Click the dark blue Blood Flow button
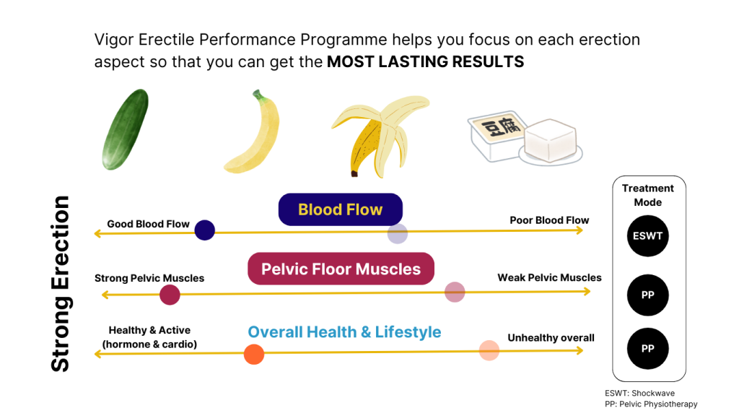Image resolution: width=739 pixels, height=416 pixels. click(x=340, y=210)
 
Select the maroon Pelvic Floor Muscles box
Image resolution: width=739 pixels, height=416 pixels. click(x=341, y=269)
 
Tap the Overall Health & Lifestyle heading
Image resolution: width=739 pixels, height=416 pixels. click(x=344, y=332)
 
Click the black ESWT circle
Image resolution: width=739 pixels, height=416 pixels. click(x=647, y=235)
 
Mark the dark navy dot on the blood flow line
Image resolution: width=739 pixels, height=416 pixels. click(x=205, y=230)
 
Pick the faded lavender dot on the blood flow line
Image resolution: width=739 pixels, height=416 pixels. click(x=398, y=234)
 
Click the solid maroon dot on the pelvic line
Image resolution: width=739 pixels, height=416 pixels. click(x=170, y=295)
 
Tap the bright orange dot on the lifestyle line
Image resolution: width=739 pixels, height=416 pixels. click(x=254, y=355)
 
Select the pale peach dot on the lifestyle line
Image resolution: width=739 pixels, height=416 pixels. click(x=489, y=350)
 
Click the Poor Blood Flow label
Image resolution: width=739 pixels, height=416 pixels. click(x=549, y=220)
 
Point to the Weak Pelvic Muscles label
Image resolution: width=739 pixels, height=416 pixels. click(x=549, y=277)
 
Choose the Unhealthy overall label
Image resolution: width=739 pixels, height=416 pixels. click(x=551, y=338)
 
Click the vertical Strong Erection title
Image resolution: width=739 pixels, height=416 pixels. click(x=61, y=284)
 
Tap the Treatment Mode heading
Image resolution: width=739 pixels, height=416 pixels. click(x=647, y=195)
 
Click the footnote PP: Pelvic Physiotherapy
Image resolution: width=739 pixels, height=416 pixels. click(x=651, y=404)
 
